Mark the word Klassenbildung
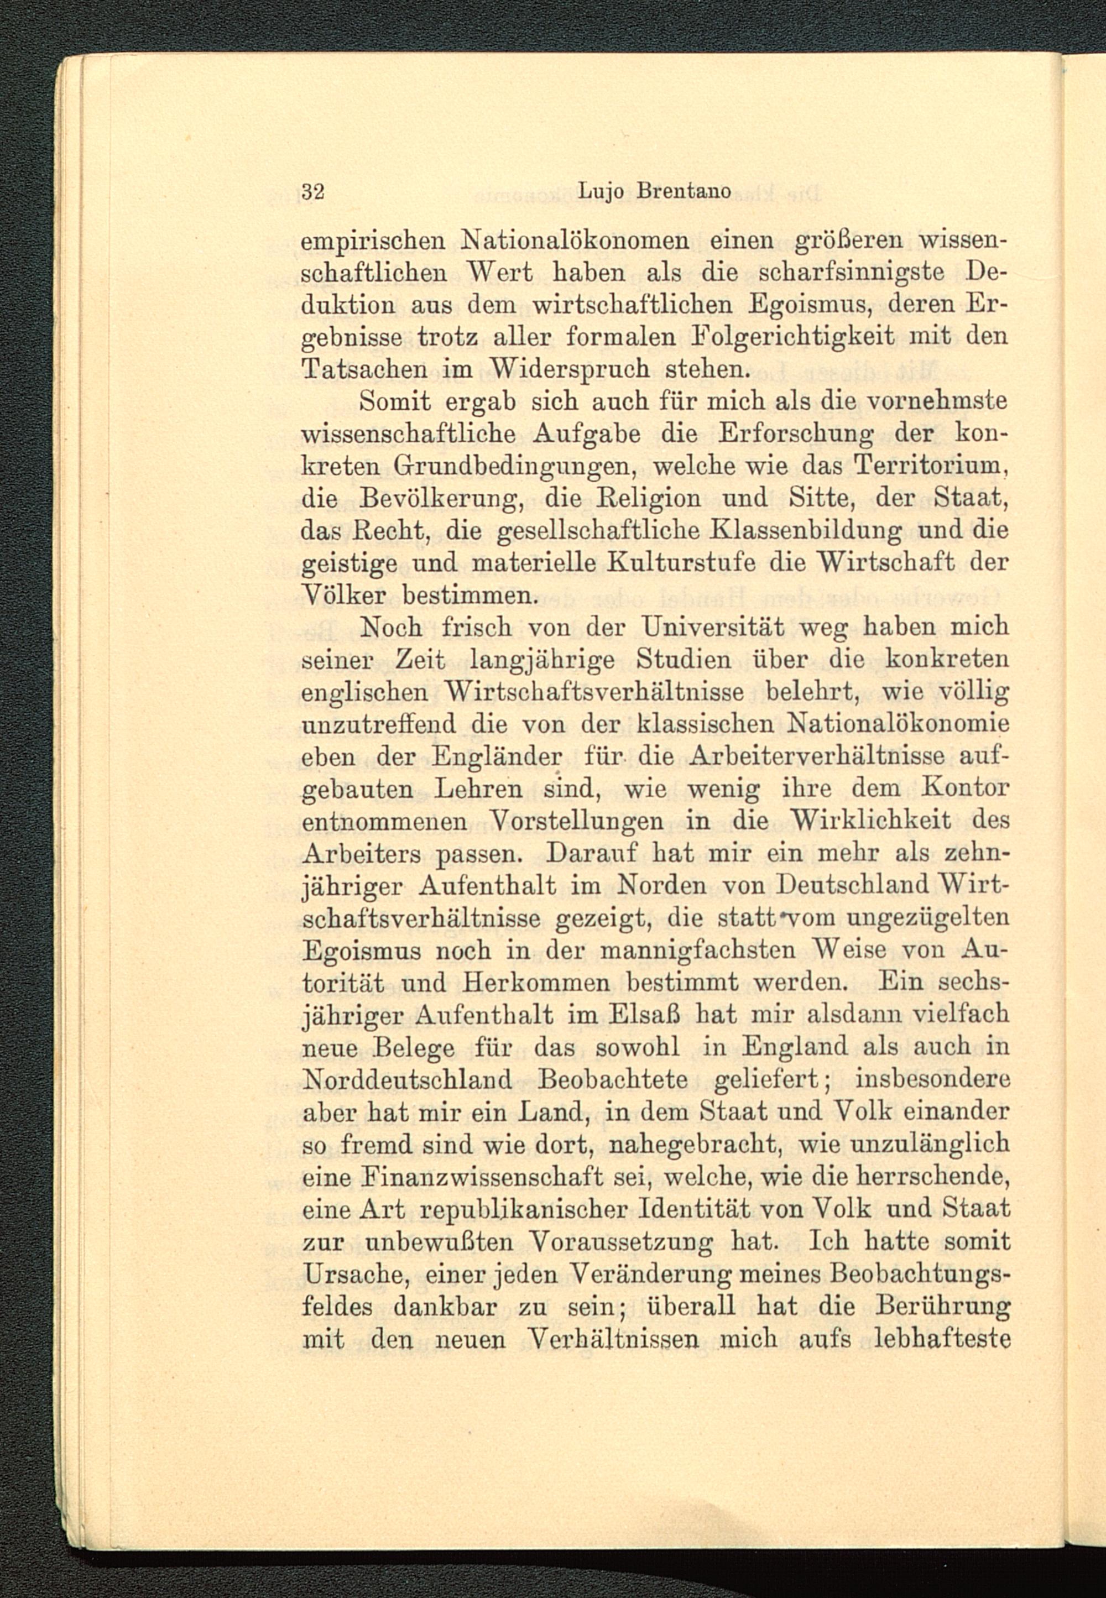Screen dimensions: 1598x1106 click(x=806, y=530)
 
